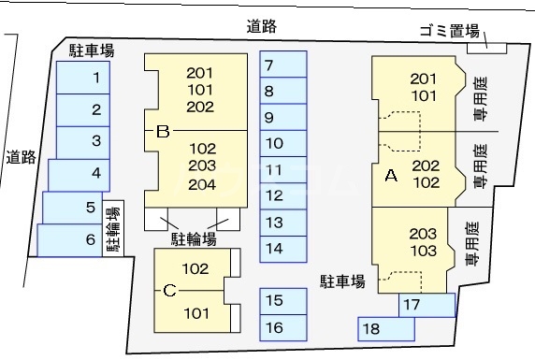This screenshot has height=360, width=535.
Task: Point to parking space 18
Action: (385, 328)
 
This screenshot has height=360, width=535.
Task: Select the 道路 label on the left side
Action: (20, 157)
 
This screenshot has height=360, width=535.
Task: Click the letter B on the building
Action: (162, 132)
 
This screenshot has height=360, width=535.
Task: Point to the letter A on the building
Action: (391, 175)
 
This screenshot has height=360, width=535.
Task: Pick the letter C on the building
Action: (169, 291)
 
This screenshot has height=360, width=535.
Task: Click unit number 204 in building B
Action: (201, 183)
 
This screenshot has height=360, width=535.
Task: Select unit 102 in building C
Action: (195, 269)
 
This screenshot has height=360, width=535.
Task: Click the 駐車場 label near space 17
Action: (343, 281)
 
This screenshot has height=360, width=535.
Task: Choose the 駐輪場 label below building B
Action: (193, 240)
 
